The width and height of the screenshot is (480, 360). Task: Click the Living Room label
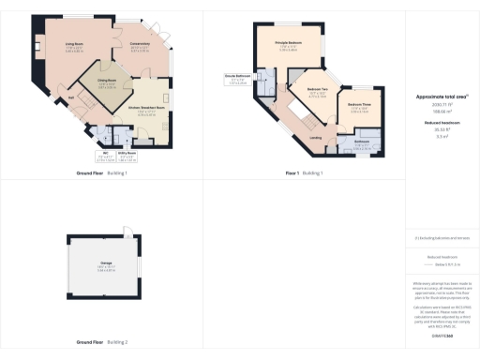click(x=75, y=47)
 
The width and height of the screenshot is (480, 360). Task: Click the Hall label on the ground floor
click(x=70, y=97)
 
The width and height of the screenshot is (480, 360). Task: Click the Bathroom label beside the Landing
click(x=361, y=142)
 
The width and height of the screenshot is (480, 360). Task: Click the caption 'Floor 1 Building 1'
click(x=305, y=173)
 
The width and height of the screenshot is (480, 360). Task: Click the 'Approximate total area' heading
click(x=441, y=97)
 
